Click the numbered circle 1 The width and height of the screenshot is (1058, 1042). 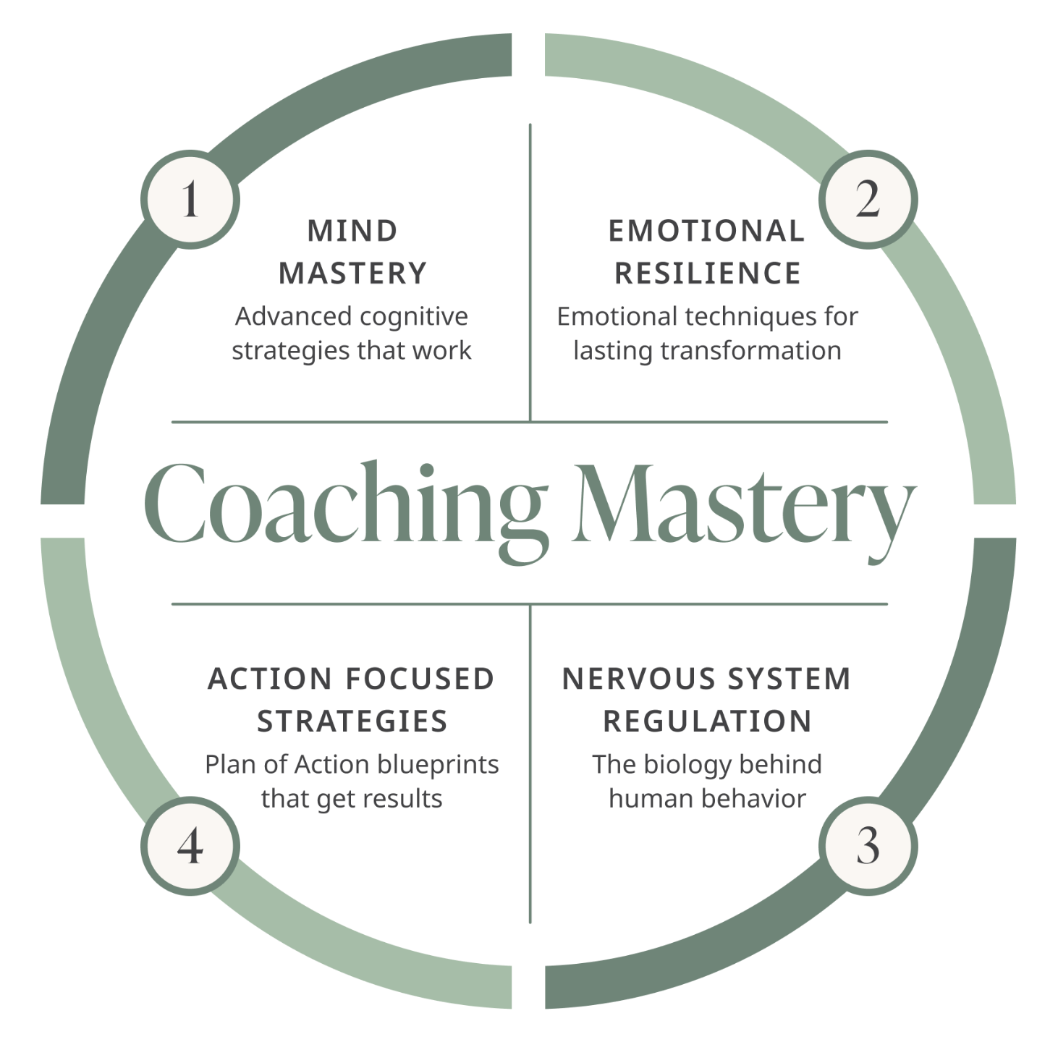(x=190, y=199)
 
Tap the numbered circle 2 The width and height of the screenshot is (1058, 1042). (x=868, y=199)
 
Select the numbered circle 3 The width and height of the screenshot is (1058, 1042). (x=868, y=845)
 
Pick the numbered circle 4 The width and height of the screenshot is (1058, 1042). (x=190, y=845)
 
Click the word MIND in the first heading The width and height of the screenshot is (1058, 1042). (x=352, y=232)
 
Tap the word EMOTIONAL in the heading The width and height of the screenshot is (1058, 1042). (x=706, y=232)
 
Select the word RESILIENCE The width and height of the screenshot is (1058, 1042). (x=707, y=274)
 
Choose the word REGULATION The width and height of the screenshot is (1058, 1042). (x=707, y=721)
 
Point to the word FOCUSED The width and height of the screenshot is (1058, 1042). (x=420, y=679)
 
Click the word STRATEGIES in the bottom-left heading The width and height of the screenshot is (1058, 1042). (x=352, y=721)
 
